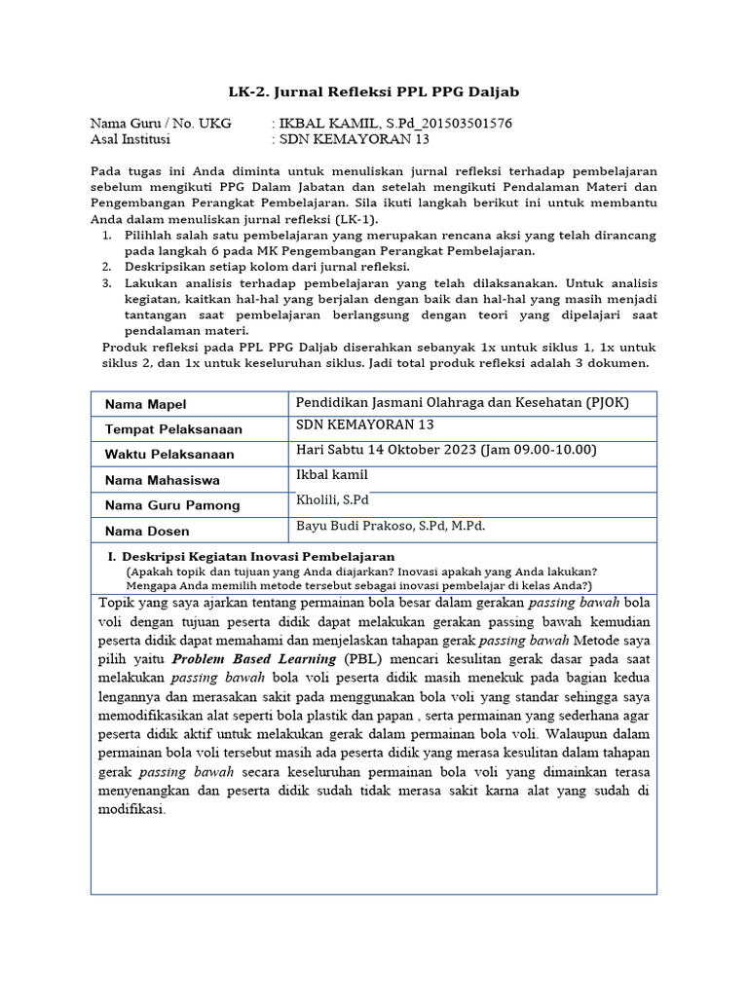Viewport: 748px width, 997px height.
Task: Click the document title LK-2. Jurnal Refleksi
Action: (x=374, y=92)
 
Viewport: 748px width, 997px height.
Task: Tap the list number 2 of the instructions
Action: (x=106, y=266)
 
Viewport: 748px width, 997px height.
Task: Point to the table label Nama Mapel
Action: (x=145, y=404)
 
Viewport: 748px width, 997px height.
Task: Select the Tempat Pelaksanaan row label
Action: (x=172, y=429)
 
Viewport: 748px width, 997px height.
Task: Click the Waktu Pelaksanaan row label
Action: (x=168, y=455)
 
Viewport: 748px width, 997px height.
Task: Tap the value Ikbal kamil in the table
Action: (x=331, y=474)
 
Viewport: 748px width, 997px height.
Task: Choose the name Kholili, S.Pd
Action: (x=331, y=499)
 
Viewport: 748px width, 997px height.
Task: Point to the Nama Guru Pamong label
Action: (x=171, y=505)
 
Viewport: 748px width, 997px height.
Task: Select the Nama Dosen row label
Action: (x=146, y=531)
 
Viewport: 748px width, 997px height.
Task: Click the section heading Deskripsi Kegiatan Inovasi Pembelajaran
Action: (x=251, y=556)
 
